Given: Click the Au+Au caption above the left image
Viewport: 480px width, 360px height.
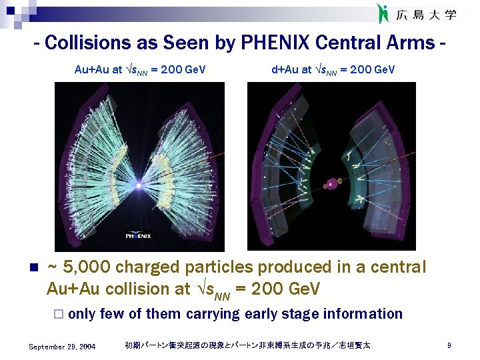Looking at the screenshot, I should point(140,69).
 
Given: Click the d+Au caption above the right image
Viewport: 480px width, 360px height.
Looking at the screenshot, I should point(333,69).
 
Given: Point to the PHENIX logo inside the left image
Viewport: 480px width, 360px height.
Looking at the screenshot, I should point(139,235).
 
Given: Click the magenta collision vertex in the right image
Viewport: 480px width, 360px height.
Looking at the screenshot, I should point(330,181).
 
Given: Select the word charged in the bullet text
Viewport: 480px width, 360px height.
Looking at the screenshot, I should point(147,267).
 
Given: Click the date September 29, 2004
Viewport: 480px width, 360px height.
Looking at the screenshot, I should point(63,347).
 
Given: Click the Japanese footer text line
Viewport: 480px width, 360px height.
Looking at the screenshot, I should point(247,345).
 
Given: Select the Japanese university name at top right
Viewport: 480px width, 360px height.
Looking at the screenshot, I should point(427,14).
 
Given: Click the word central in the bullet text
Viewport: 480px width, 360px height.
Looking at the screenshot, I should point(395,267).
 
